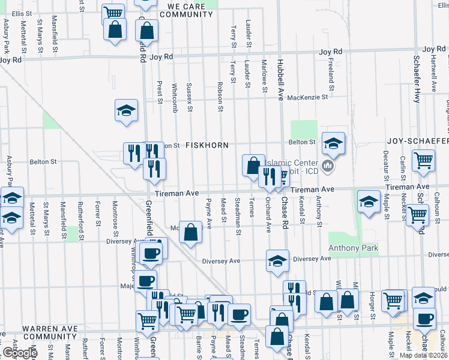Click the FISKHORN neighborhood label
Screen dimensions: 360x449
(206, 146)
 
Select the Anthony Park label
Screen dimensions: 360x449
(353, 248)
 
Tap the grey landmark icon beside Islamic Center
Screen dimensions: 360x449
(328, 166)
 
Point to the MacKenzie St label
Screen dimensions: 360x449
(308, 97)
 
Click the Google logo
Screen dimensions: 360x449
(19, 353)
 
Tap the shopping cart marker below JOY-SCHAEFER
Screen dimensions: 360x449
(423, 161)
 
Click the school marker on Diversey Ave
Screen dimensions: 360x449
(277, 262)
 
